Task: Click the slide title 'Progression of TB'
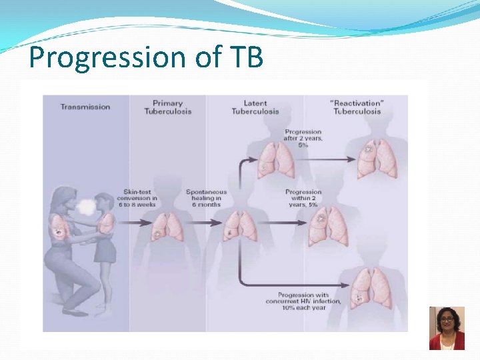click(x=146, y=58)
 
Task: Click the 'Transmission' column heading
click(x=85, y=107)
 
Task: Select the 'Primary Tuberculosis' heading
click(x=167, y=107)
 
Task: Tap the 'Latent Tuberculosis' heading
click(x=255, y=107)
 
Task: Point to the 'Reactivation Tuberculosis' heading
click(x=357, y=107)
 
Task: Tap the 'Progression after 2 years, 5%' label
click(x=303, y=138)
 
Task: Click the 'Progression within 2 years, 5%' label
click(x=303, y=199)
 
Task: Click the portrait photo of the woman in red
click(x=446, y=328)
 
